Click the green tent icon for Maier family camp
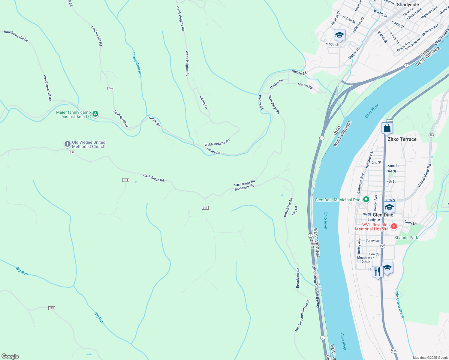[x=95, y=114]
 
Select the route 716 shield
[x=111, y=88]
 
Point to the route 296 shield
[x=72, y=152]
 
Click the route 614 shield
[x=126, y=180]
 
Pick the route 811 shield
[x=205, y=208]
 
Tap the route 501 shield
[x=52, y=308]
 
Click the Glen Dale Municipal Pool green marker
[x=366, y=199]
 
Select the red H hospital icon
[x=394, y=226]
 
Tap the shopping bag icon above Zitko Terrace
[x=387, y=128]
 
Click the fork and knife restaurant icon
[x=377, y=271]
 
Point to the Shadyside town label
[x=408, y=4]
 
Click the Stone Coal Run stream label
[x=137, y=65]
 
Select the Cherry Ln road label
[x=203, y=102]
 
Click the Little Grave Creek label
[x=399, y=303]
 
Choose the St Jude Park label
[x=406, y=238]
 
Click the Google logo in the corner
[x=10, y=356]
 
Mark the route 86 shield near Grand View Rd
[x=431, y=135]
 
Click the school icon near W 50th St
[x=339, y=35]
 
